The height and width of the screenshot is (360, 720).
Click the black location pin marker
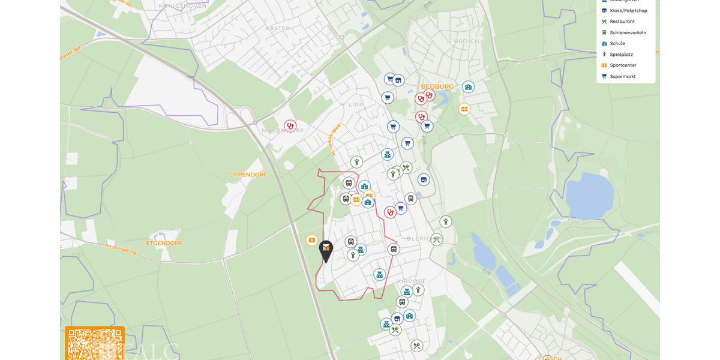click(326, 250)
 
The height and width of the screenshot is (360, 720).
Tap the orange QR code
click(94, 344)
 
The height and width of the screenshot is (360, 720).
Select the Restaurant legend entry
click(622, 22)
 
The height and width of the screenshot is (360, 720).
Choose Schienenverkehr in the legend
click(628, 32)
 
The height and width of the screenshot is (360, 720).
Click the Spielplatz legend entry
click(621, 54)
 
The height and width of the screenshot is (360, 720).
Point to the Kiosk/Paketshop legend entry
click(628, 11)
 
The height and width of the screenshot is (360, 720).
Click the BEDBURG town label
click(437, 86)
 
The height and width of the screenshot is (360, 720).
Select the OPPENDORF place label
click(248, 175)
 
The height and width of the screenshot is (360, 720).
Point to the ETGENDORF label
click(164, 243)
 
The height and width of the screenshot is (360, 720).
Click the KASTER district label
click(277, 28)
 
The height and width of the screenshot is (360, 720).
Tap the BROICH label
click(467, 41)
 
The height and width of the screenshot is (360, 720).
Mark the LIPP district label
click(356, 104)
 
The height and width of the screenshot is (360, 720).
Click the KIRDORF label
click(411, 281)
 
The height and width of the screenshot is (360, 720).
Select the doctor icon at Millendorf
click(290, 126)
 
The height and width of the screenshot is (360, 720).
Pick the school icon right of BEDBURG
click(468, 87)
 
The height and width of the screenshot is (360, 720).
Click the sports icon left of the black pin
click(311, 240)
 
